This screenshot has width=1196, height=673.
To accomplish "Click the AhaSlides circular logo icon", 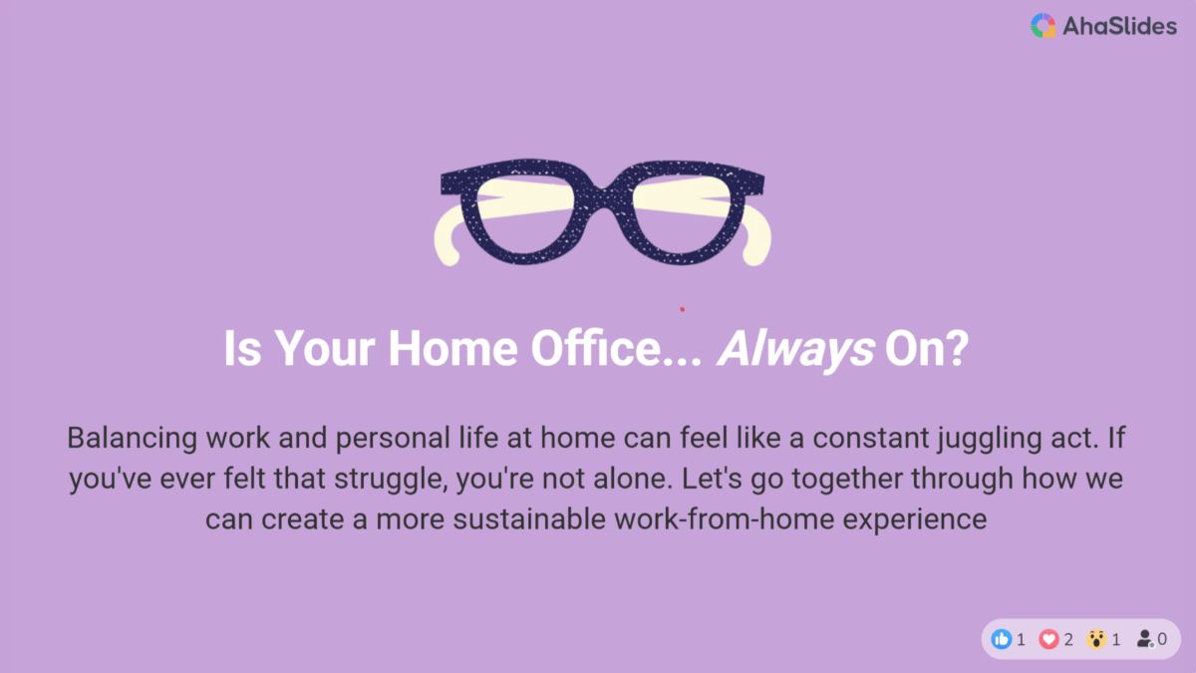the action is coord(1043,26).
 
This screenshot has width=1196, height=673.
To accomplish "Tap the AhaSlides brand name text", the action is coord(1119,26).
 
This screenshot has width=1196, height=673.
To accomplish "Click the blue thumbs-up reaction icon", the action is coord(1001,639).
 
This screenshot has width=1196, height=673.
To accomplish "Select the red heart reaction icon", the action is coord(1048,639).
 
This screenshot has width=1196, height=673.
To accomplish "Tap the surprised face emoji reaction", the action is coord(1095,639).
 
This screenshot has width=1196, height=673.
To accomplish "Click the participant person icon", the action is coord(1145,639).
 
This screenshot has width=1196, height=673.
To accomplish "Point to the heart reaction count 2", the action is coord(1068,639).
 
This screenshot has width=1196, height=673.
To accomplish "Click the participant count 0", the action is coord(1162,639).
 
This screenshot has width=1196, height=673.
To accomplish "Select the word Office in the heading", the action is coord(596,348).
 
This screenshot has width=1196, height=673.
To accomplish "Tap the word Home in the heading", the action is coord(452,348).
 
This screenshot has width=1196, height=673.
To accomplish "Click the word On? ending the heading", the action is coord(926,348).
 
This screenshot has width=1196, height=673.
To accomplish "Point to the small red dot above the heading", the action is coord(682,309).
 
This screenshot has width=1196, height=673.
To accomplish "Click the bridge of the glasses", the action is coord(603,198).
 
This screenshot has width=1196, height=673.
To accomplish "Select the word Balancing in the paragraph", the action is coord(133,439).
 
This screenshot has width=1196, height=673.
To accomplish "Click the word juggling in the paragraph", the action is coord(990,439).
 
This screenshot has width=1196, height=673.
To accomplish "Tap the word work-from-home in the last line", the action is coord(724,519).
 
